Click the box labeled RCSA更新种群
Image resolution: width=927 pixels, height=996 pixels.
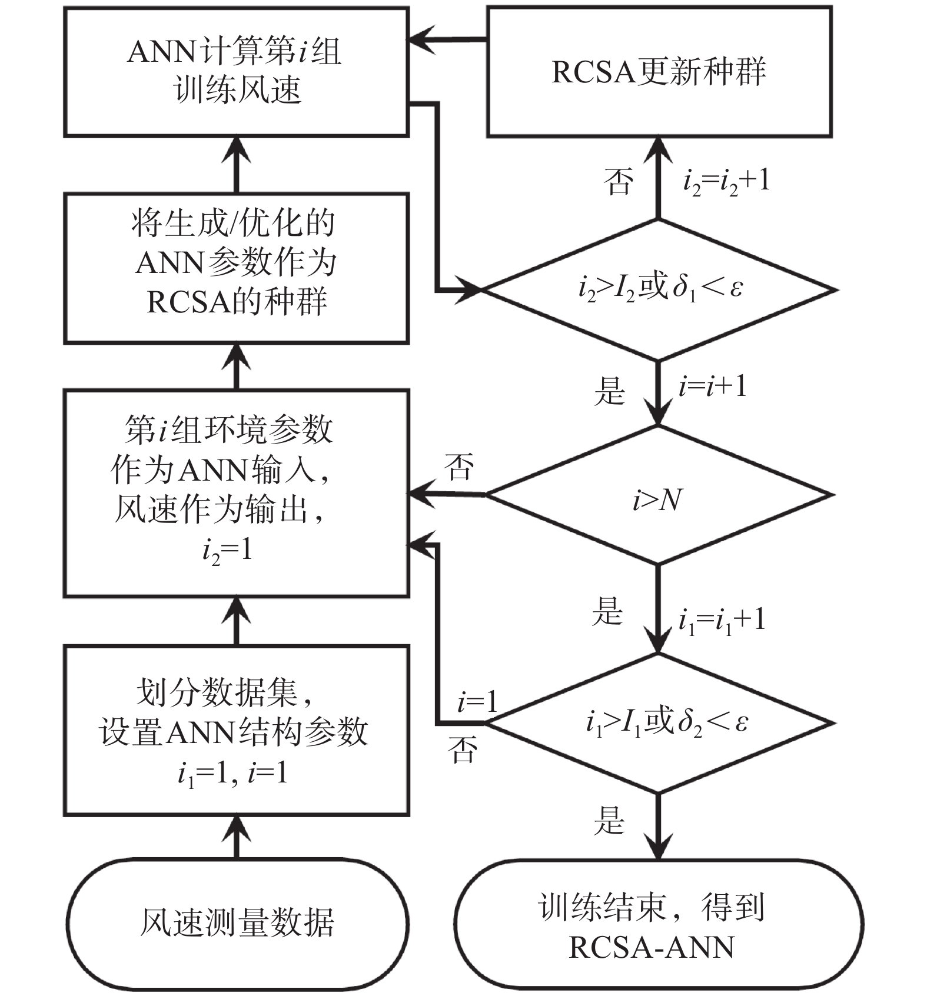click(x=659, y=72)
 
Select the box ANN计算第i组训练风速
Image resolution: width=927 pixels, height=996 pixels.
click(x=236, y=72)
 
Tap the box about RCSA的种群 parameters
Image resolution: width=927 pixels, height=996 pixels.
click(x=236, y=268)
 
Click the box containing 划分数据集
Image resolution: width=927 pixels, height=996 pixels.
click(x=236, y=730)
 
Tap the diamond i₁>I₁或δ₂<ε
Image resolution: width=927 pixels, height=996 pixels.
click(x=658, y=723)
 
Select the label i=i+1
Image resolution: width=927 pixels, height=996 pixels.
click(x=712, y=387)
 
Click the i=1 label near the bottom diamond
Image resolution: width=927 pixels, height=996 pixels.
click(x=477, y=702)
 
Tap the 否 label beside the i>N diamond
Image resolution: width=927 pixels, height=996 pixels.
click(x=459, y=467)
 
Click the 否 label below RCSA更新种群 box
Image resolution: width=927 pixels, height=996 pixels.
click(x=619, y=181)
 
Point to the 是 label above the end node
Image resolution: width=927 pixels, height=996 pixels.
click(x=609, y=820)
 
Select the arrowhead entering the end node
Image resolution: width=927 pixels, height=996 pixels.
click(x=658, y=847)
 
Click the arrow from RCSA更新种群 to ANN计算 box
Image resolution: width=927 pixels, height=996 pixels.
click(x=447, y=40)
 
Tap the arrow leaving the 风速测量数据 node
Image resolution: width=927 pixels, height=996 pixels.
click(x=237, y=837)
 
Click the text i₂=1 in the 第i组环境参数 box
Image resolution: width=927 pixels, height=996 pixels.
click(x=227, y=551)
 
